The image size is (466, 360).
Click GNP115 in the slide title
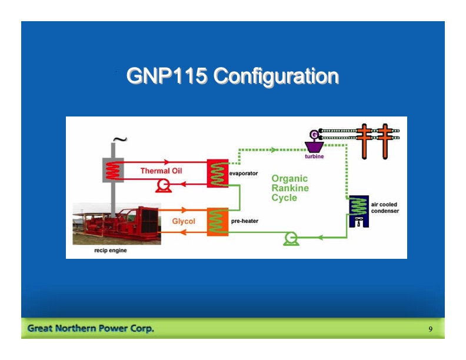coord(167,76)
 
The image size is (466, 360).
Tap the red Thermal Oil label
coord(161,171)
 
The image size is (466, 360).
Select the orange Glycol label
coord(183,222)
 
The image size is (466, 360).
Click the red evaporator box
coord(217,174)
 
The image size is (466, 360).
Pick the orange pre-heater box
coord(217,222)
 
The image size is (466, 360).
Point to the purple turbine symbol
coord(314,146)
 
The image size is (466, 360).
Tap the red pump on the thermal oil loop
coord(162,186)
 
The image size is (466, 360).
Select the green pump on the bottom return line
coord(289,238)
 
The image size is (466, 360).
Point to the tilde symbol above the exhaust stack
coord(119,140)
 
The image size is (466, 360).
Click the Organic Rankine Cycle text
coord(289,188)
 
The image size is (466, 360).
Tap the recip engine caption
coord(111,251)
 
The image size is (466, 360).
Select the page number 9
coord(431,329)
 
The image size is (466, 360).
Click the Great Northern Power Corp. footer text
coord(91,328)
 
